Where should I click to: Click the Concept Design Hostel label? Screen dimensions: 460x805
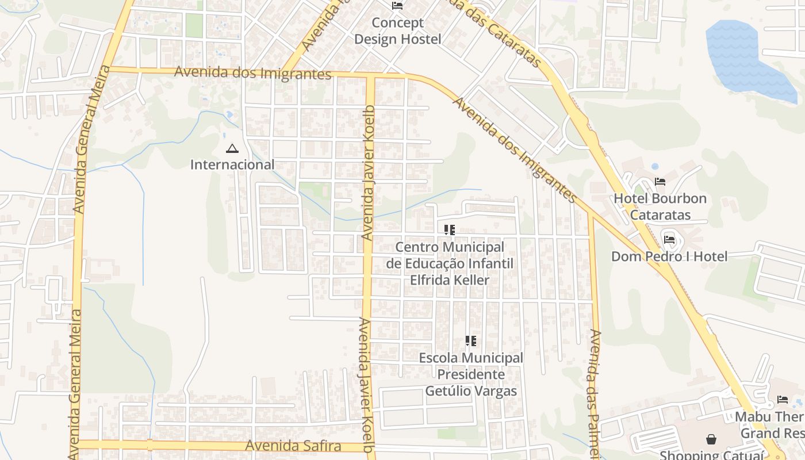(397, 31)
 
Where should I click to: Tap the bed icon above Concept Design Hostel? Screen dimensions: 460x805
(397, 6)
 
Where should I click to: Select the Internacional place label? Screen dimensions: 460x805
(232, 164)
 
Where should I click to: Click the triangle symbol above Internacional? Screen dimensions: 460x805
(232, 149)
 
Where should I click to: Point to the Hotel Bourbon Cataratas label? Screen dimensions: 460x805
(660, 206)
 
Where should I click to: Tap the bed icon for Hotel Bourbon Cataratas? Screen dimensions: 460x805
(660, 182)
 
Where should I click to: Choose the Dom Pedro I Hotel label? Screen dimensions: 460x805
(669, 256)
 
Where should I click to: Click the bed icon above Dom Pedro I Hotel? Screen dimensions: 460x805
(669, 239)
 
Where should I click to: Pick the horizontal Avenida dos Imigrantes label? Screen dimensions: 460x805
(253, 73)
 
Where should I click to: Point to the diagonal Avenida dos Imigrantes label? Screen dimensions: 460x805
(515, 151)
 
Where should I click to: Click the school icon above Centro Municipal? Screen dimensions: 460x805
(450, 230)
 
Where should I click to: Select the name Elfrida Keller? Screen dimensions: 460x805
(450, 281)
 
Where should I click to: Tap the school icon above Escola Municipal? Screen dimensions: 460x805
(471, 341)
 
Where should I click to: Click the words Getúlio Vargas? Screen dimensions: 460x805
(471, 391)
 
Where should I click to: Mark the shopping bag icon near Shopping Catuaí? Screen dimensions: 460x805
(711, 440)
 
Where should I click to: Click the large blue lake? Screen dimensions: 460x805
(742, 57)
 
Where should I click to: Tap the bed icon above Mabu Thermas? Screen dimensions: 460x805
(783, 399)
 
